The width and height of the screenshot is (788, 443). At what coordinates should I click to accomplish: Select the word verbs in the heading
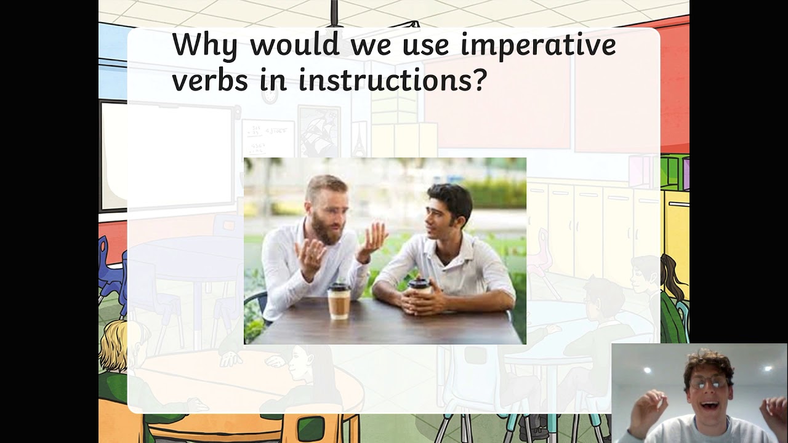(x=210, y=81)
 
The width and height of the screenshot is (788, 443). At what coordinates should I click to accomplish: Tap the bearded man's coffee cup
(x=339, y=301)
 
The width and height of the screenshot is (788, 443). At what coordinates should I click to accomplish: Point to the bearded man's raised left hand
(x=375, y=239)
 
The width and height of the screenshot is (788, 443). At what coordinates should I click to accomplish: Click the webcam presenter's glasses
(x=708, y=383)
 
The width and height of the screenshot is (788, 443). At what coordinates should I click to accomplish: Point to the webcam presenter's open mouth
(x=709, y=405)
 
